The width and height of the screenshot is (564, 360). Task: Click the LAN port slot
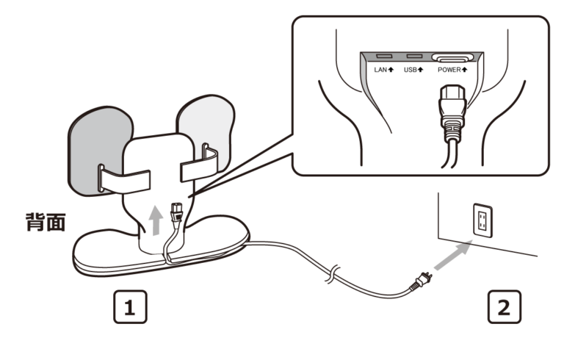[383, 56]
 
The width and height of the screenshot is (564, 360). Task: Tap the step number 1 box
[130, 306]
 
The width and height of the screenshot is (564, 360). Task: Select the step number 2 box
[504, 306]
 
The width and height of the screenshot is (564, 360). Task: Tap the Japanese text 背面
[43, 223]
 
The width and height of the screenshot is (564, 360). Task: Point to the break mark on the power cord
[333, 276]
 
